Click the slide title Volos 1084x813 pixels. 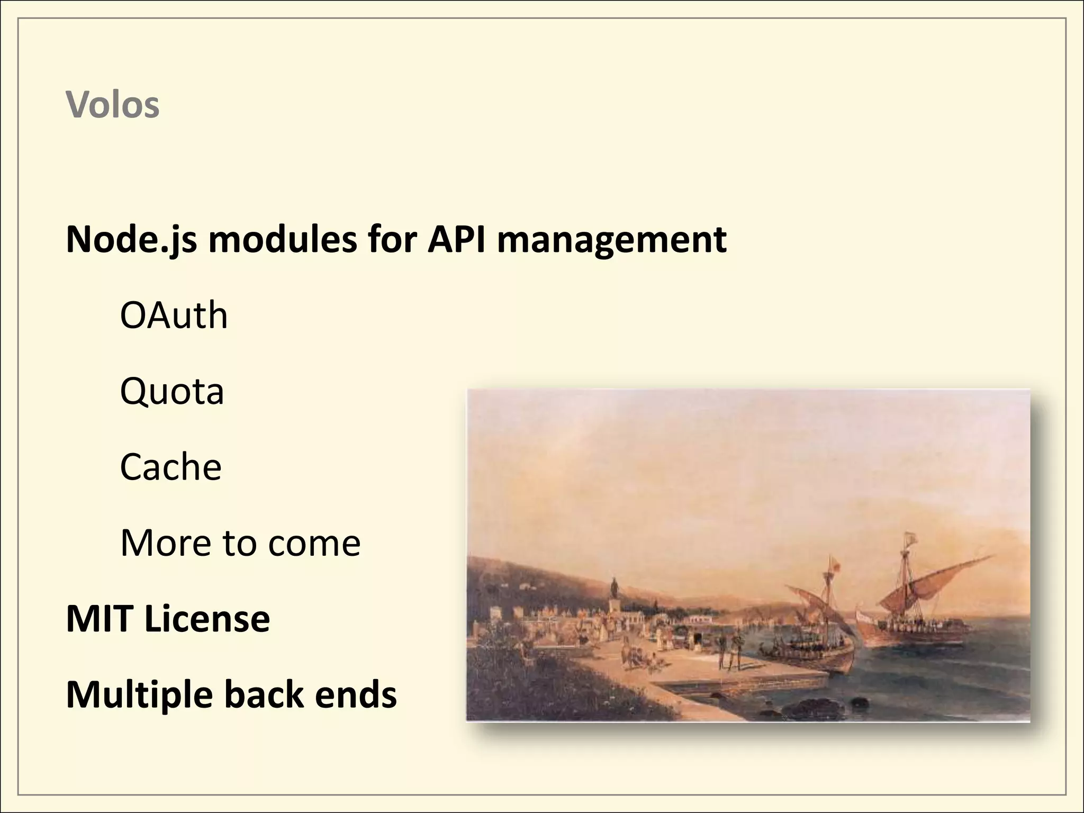(x=112, y=105)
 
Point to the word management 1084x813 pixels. (x=611, y=240)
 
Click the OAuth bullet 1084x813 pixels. (x=174, y=315)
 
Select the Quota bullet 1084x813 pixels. (x=172, y=392)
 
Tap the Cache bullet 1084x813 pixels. (x=170, y=467)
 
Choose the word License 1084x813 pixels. (x=207, y=619)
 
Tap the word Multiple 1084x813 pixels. (x=140, y=695)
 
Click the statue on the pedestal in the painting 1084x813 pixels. (x=615, y=588)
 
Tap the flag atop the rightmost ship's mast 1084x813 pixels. (x=909, y=540)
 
